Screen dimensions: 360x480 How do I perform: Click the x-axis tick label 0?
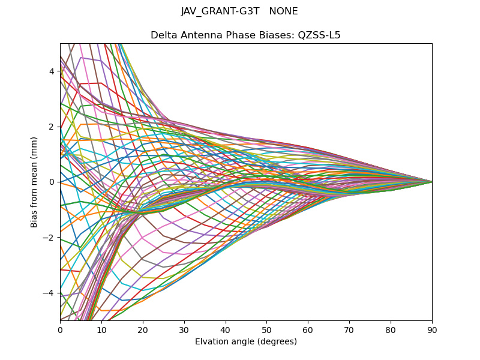(60, 329)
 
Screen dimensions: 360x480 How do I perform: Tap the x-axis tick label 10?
(101, 329)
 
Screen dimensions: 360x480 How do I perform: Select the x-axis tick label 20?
(143, 329)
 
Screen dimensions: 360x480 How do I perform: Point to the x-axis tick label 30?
(184, 329)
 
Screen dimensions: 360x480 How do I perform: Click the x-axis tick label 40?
(226, 329)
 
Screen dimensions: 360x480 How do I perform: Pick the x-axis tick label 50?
(266, 329)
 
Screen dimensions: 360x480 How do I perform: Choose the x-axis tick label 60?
(308, 329)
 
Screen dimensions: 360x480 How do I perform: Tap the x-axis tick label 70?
(349, 329)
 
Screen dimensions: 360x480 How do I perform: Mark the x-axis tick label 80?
(391, 329)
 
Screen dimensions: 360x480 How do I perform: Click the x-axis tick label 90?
(432, 329)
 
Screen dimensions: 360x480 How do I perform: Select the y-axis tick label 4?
(52, 71)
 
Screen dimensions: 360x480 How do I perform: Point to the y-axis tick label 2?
(52, 127)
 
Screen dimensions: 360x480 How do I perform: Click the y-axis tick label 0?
(52, 182)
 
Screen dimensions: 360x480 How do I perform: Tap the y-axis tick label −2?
(50, 238)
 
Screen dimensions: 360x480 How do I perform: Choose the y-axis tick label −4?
(50, 293)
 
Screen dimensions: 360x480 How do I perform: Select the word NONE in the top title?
(284, 11)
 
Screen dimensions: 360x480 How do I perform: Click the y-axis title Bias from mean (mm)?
(34, 181)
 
